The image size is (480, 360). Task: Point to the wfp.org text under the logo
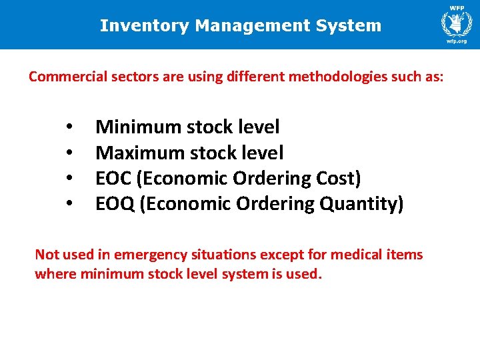click(457, 40)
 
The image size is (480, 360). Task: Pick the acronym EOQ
click(114, 204)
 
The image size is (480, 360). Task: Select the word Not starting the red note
click(46, 255)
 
